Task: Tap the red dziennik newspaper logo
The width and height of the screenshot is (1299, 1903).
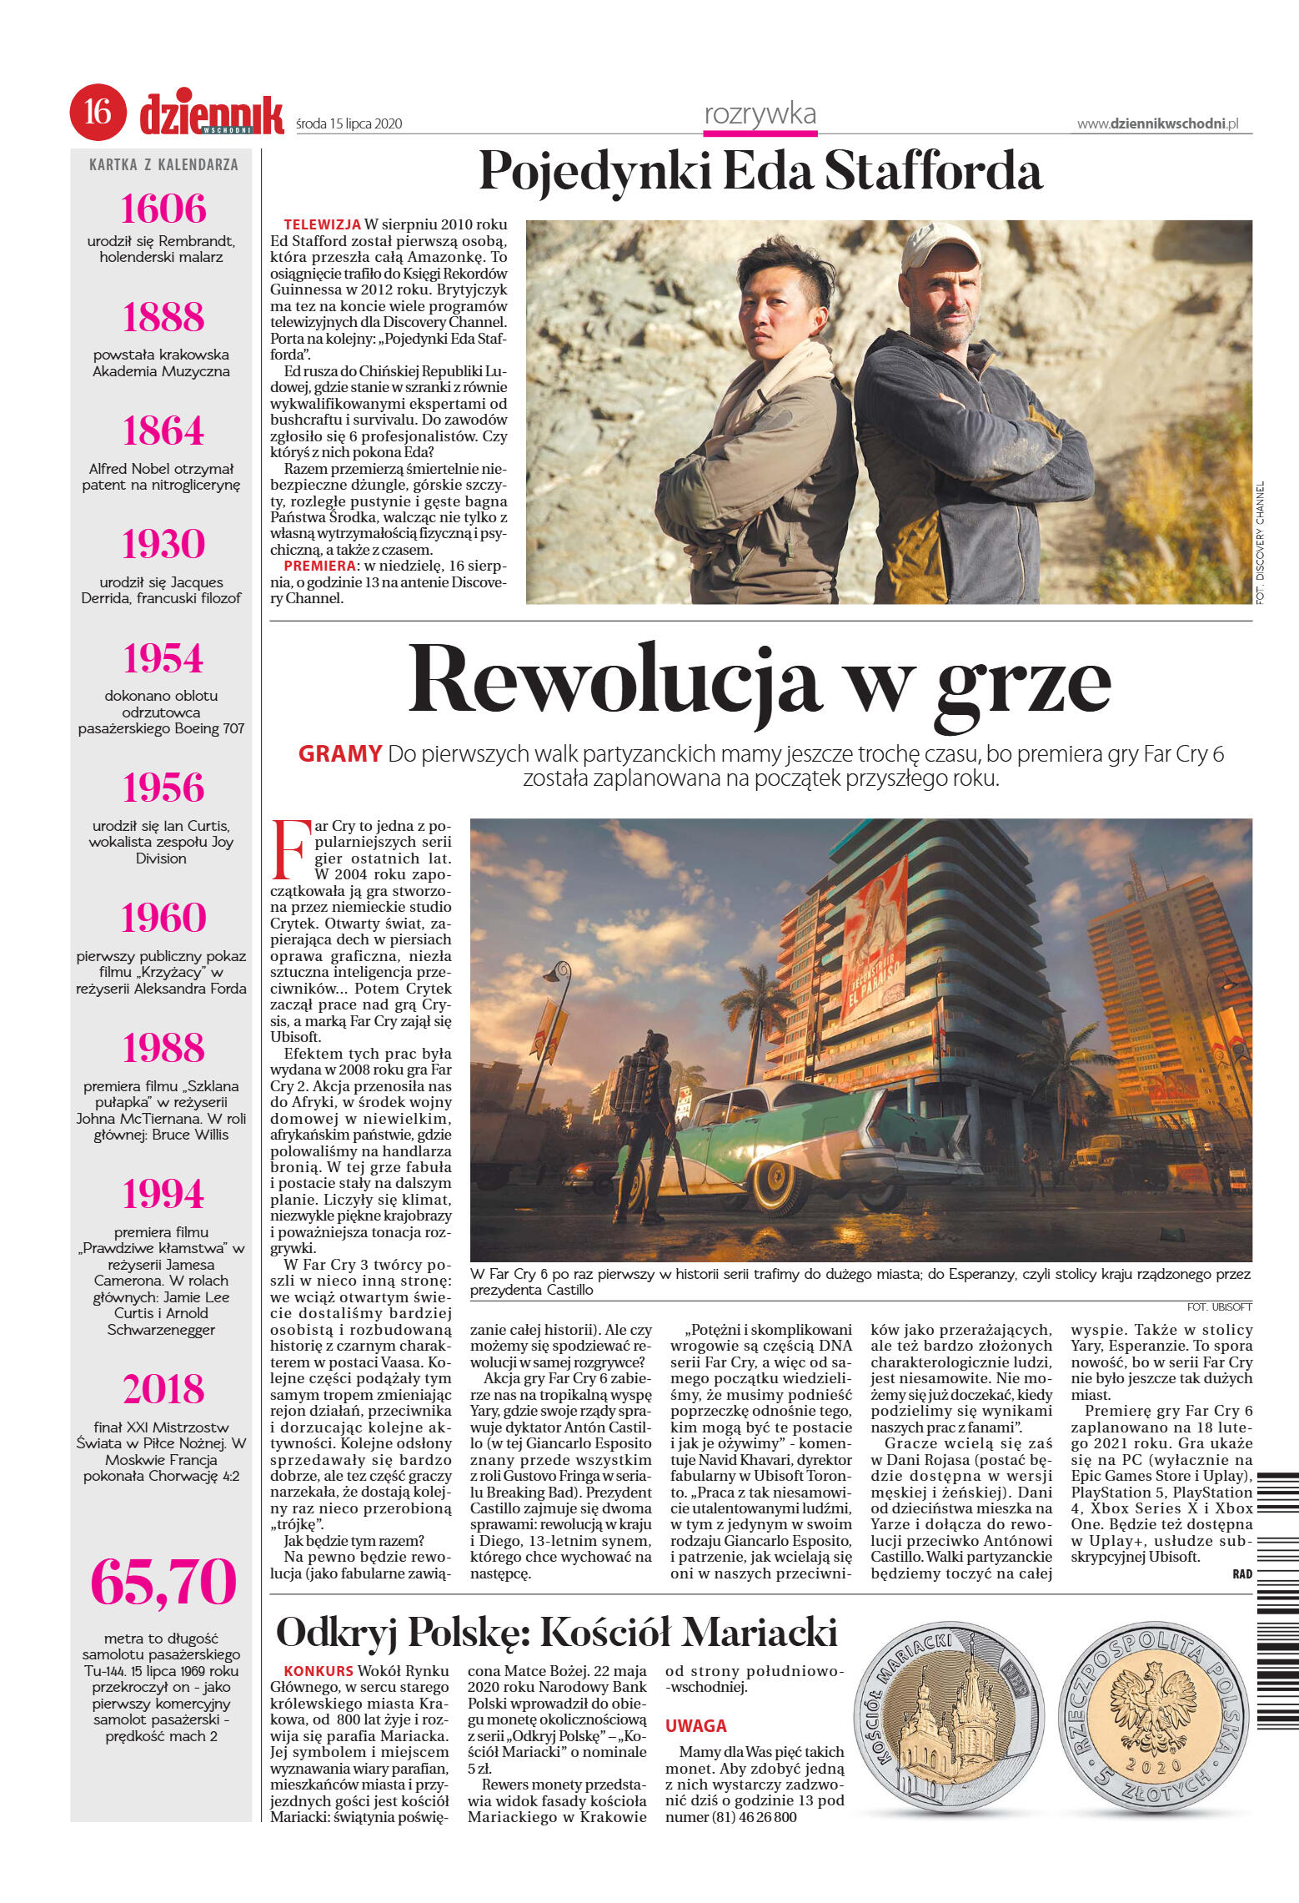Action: tap(211, 115)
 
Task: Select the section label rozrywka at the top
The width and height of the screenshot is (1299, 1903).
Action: tap(760, 114)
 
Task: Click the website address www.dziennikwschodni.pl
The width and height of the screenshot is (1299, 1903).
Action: tap(1157, 123)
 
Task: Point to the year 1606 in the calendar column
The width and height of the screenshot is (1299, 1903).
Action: tap(163, 209)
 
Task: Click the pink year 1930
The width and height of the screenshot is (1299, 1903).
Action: tap(163, 544)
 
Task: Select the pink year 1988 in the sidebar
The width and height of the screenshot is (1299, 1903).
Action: tap(163, 1048)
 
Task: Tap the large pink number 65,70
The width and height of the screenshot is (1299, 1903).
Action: tap(163, 1582)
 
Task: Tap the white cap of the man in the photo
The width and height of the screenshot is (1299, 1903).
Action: tap(940, 244)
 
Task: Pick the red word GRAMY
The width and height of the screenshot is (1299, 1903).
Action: tap(339, 753)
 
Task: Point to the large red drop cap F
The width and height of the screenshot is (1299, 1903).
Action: tap(291, 849)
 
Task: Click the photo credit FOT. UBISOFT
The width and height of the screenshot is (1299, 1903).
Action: tap(1219, 1306)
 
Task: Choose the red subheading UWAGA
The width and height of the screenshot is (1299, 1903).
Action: tap(695, 1725)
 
